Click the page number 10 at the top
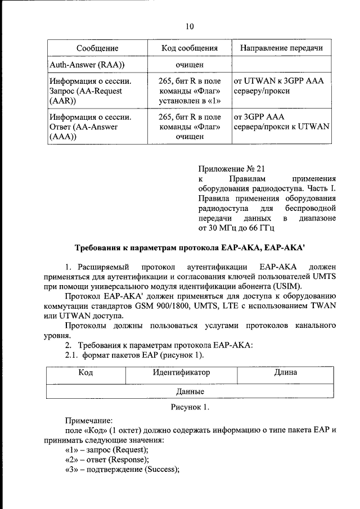tap(190, 26)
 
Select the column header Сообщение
tap(97, 48)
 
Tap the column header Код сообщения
tap(189, 48)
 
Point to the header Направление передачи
tap(281, 48)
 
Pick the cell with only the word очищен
tap(189, 65)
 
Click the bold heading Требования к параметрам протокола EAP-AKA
tap(190, 247)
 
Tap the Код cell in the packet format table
tap(85, 372)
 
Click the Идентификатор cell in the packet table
tap(181, 372)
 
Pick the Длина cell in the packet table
tap(285, 372)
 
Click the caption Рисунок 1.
tap(190, 407)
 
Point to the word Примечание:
tap(89, 420)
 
